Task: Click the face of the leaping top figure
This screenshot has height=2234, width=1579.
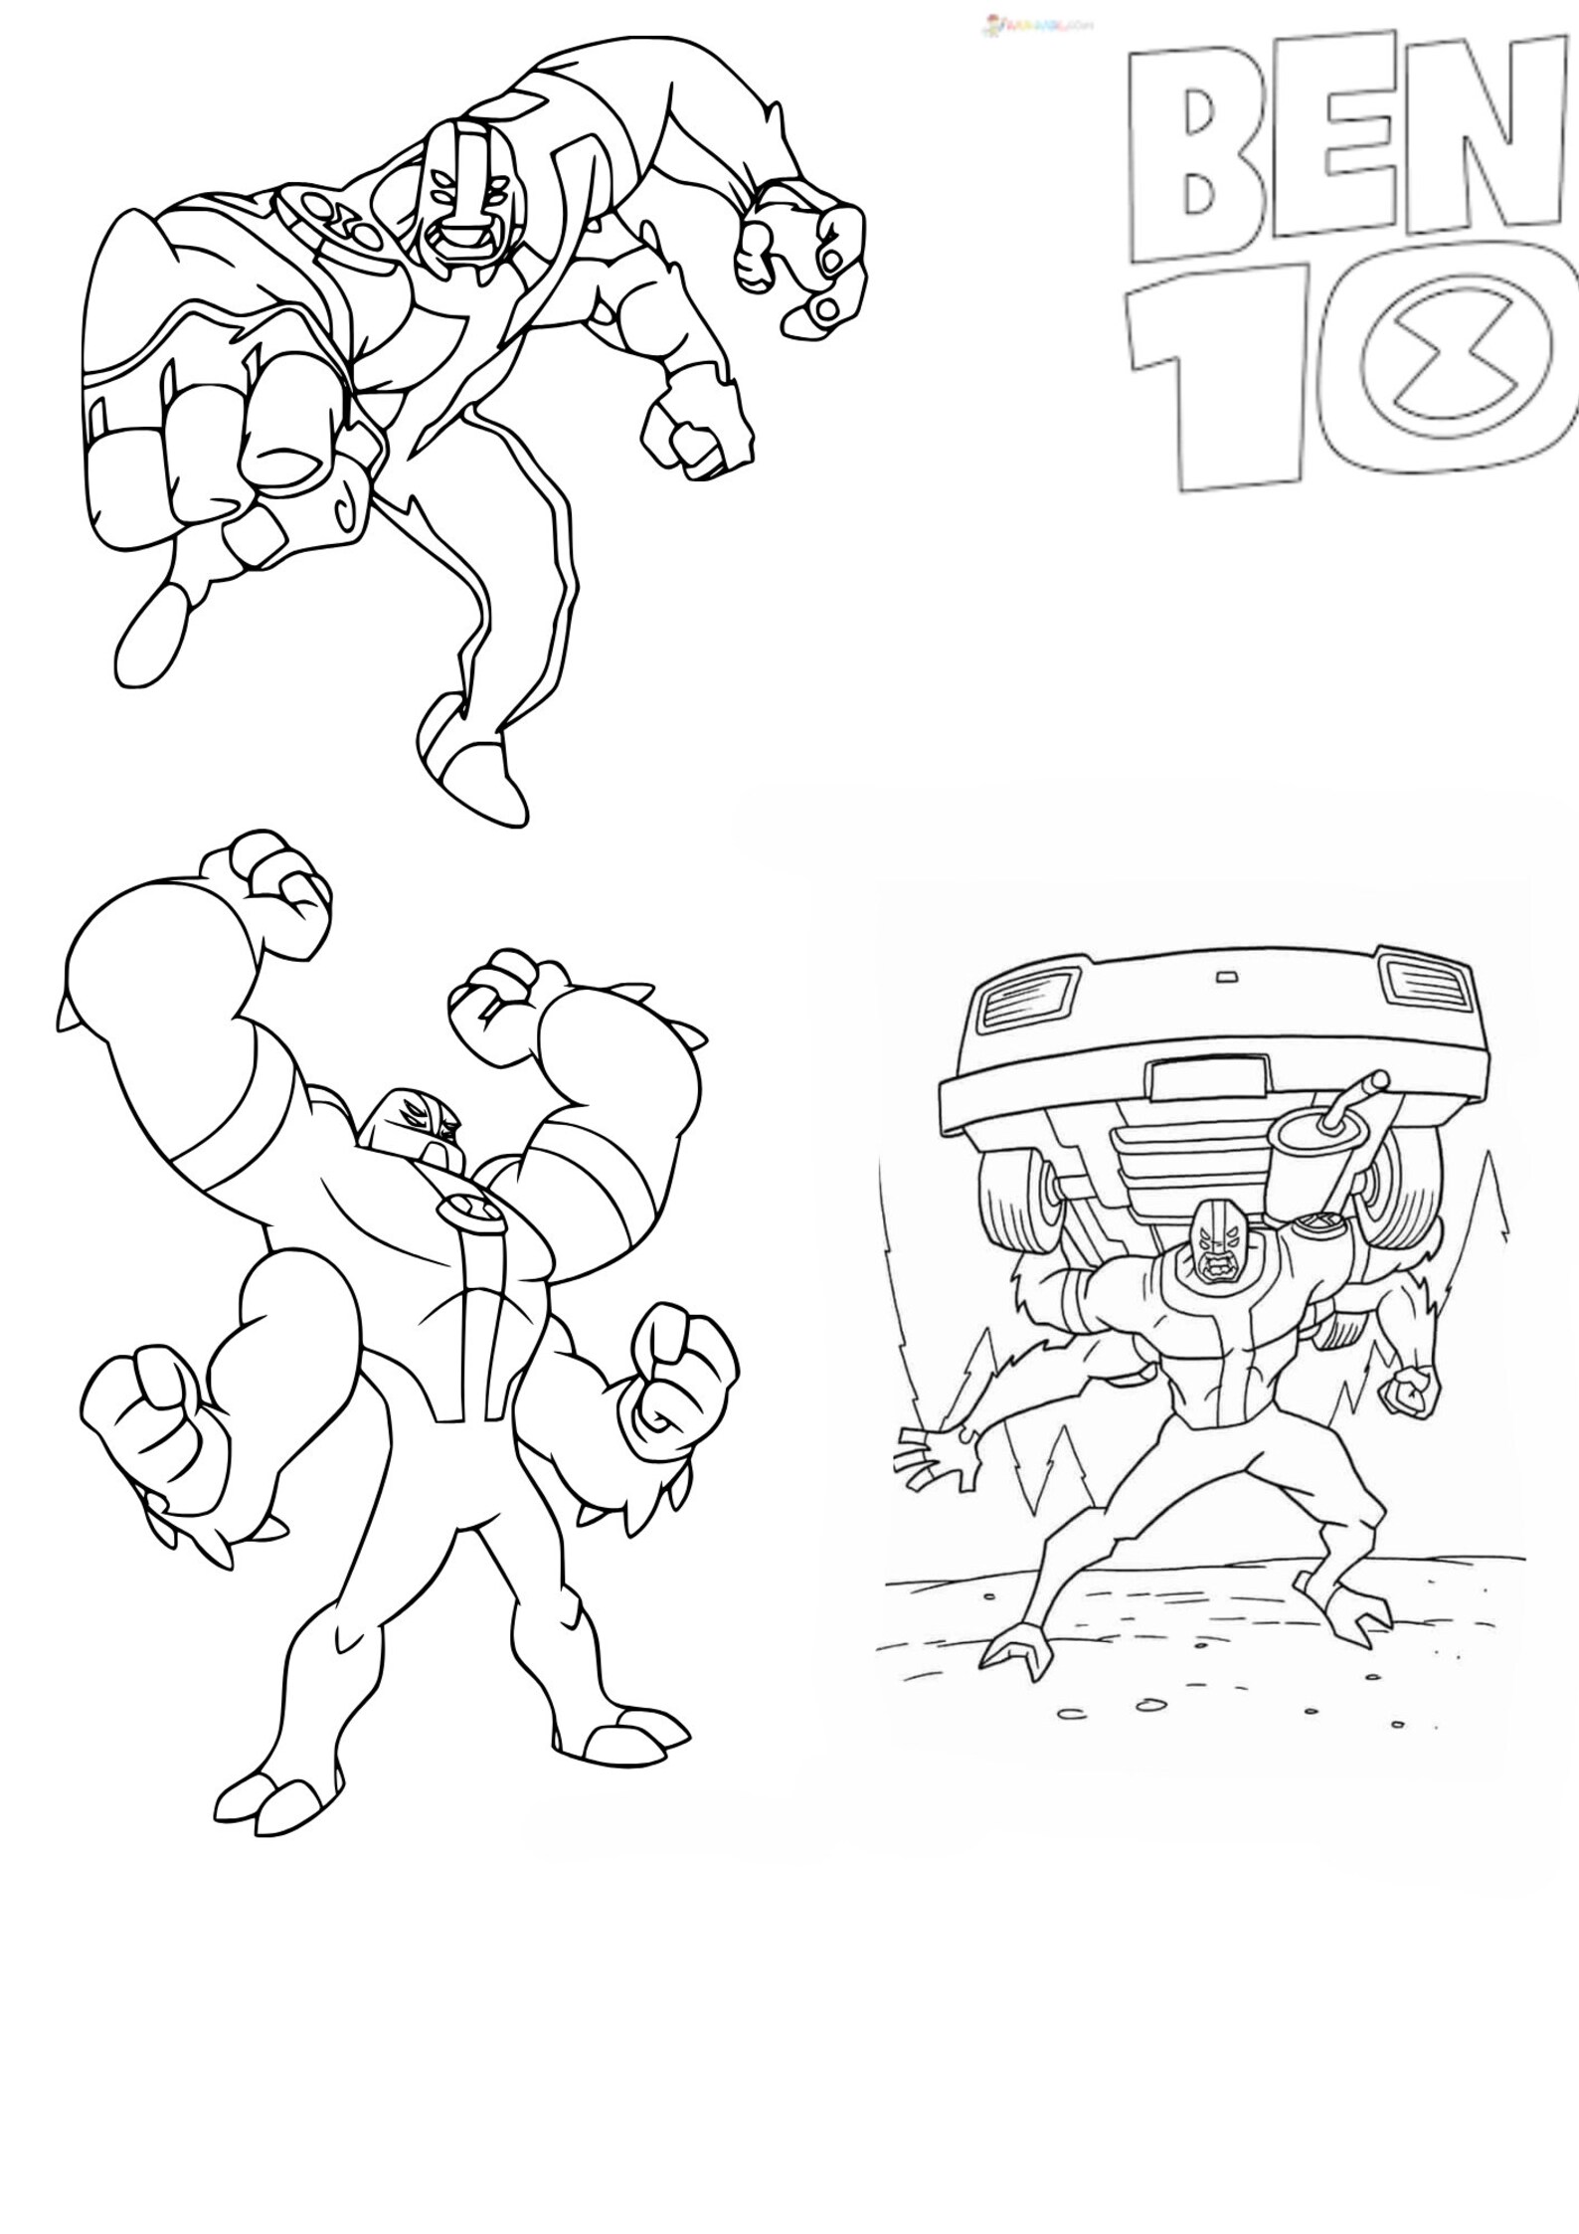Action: (458, 194)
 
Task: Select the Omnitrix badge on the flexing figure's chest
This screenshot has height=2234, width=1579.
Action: (463, 1206)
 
